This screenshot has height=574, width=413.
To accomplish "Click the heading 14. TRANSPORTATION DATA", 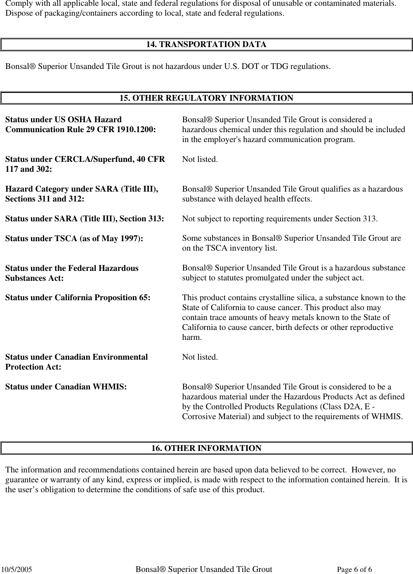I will coord(206,44).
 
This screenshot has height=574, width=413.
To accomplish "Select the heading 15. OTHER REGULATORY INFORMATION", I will coord(206,98).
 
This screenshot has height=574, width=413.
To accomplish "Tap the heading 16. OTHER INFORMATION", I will coord(206,448).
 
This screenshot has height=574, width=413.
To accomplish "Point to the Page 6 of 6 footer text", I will coord(354,570).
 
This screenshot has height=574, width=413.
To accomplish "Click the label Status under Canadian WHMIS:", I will coord(66,387).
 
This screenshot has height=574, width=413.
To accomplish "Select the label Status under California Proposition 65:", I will coord(78,298).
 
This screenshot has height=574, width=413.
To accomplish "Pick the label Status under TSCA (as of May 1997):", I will coord(74,238).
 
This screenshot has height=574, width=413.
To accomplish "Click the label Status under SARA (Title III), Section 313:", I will coord(84,218).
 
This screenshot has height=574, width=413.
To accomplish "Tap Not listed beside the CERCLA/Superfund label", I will coord(200,159).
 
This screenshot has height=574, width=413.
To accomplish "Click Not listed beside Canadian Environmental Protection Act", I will coord(200,357).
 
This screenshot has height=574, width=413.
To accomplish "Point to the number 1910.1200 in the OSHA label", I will coord(137,129).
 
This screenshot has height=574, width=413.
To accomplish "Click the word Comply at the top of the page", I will coord(17,3).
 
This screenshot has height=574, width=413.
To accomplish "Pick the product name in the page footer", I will coord(204,569).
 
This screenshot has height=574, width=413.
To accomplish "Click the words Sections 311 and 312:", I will coord(45,199).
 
